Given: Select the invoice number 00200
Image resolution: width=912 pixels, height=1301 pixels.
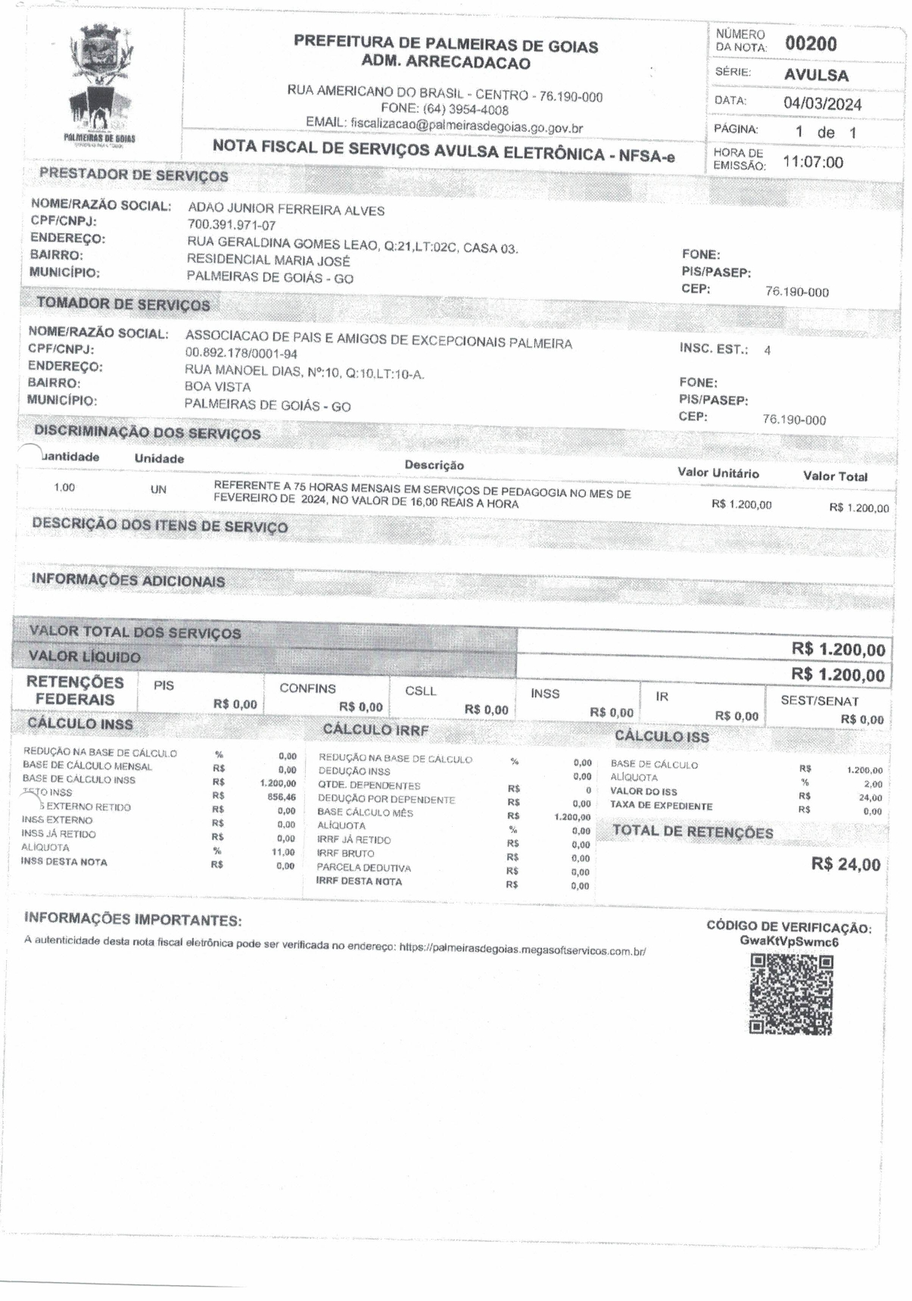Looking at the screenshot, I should pos(811,44).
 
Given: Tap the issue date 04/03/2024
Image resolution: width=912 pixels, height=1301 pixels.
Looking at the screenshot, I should pos(822,104).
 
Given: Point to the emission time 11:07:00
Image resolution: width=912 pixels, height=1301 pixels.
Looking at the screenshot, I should pos(812,162).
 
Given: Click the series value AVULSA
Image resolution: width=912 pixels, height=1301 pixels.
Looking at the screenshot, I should pos(816,75).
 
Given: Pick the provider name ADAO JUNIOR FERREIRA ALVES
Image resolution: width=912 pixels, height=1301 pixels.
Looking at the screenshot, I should pos(286,210).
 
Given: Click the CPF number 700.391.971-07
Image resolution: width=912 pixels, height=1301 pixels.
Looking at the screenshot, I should pos(232,226).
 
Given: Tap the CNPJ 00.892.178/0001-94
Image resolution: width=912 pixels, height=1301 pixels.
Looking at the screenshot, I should pos(241,354).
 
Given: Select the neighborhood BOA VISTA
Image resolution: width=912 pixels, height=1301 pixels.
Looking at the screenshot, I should pos(217,387).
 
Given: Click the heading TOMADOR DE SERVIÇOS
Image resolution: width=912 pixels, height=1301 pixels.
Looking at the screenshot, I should pos(123,304).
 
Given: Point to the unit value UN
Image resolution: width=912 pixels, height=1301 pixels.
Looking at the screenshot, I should pos(157,490).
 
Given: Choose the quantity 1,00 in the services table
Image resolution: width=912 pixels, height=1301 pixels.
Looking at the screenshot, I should pos(64,488).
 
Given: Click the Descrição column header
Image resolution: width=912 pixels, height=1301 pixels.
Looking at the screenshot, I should pos(434,465).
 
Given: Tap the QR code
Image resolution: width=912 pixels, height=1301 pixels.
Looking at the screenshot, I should pos(790,993).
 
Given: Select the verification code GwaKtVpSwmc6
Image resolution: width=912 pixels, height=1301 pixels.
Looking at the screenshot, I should pos(789,942).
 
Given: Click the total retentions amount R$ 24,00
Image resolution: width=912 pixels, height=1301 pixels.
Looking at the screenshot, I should pos(845,865).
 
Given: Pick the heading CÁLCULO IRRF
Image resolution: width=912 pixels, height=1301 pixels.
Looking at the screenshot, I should pos(375,730).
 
